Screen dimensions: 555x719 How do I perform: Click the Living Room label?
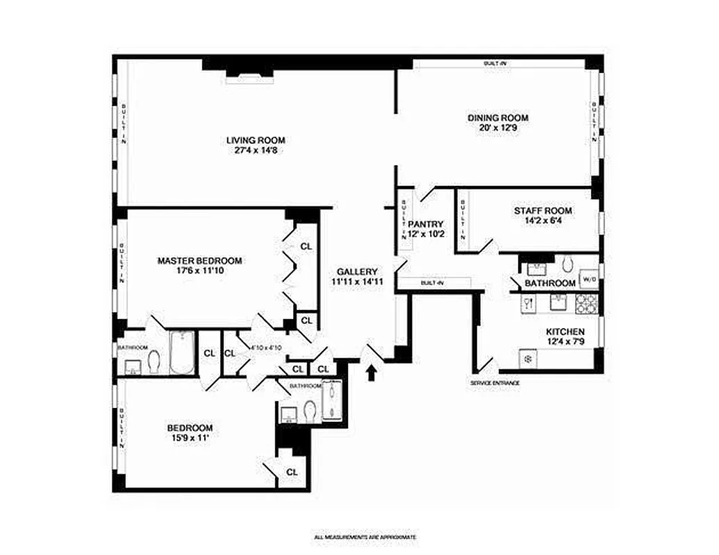tap(256, 140)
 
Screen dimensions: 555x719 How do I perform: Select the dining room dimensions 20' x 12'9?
tap(497, 128)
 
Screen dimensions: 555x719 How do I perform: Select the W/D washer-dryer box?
tap(589, 280)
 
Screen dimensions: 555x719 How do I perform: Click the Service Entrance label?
tap(495, 383)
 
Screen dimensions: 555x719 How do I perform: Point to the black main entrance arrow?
tap(372, 373)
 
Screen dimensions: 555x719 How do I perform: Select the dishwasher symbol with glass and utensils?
tap(527, 302)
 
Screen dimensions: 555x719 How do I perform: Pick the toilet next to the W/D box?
tap(566, 264)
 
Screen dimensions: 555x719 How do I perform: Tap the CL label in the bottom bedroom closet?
tap(292, 472)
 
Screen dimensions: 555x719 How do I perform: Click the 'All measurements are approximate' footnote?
tap(365, 537)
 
